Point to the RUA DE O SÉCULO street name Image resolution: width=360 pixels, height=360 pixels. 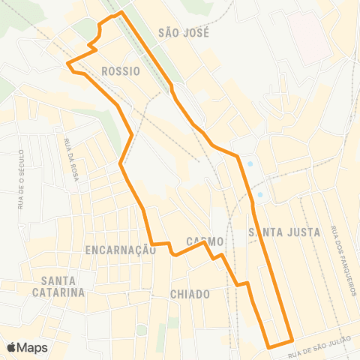(22, 178)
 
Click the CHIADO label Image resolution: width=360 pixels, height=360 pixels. (190, 294)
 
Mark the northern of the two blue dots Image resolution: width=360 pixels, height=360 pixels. (250, 165)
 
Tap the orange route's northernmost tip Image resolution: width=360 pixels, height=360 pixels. (121, 12)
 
